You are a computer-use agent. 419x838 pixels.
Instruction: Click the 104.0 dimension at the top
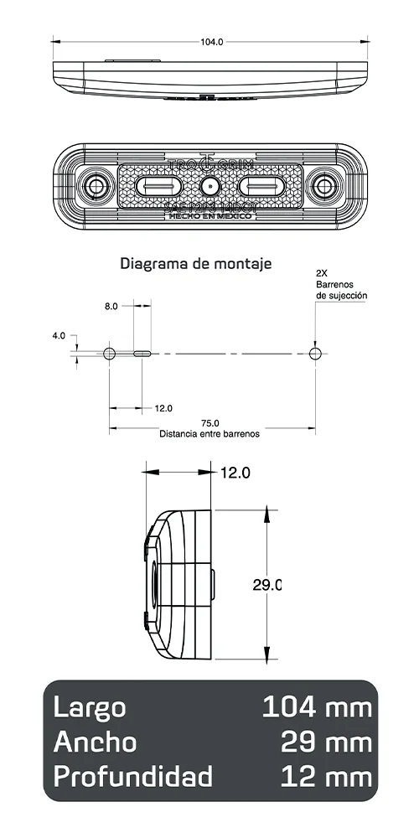click(212, 41)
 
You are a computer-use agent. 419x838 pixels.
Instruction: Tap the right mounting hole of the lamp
click(323, 185)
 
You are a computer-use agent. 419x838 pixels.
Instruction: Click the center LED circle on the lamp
click(209, 185)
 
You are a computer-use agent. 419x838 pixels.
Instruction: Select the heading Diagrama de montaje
click(196, 264)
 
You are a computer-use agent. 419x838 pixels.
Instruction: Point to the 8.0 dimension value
click(111, 307)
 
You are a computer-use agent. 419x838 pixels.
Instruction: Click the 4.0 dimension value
click(58, 335)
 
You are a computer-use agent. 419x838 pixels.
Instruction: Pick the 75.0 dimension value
click(209, 423)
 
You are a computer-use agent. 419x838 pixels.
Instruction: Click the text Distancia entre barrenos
click(209, 434)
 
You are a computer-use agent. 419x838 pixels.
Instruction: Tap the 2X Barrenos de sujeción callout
click(341, 285)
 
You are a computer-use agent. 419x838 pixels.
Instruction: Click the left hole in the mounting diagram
click(109, 354)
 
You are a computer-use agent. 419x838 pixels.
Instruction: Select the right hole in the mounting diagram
click(315, 354)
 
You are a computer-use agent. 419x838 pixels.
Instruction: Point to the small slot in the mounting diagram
click(142, 354)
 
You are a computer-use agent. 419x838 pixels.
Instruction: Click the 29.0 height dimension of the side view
click(266, 585)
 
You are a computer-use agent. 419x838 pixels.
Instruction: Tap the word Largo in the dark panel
click(90, 707)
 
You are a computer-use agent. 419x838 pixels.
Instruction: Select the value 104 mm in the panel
click(317, 707)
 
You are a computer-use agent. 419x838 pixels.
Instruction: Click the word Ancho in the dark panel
click(95, 742)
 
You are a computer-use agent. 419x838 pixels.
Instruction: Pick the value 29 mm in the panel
click(326, 742)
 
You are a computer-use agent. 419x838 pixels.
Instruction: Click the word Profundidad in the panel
click(132, 776)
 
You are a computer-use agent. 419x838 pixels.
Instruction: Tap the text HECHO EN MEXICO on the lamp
click(209, 215)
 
